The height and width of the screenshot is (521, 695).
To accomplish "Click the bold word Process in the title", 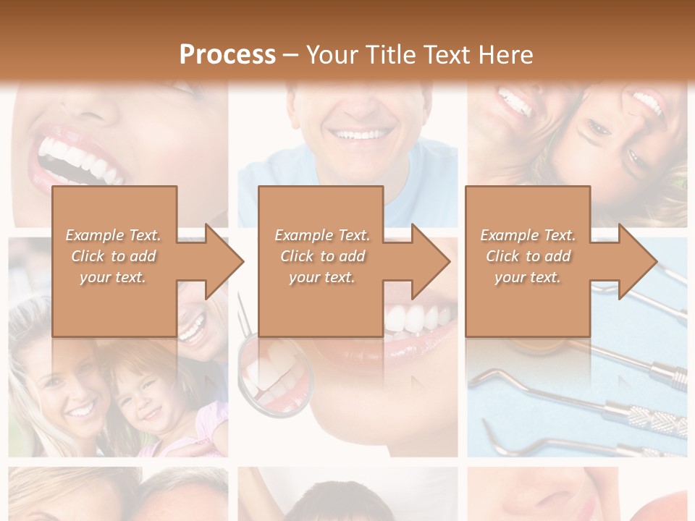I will coord(227,54).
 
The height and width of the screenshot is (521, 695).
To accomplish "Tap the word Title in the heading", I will coord(389,54).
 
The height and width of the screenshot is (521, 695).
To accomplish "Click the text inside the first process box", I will coord(114,256).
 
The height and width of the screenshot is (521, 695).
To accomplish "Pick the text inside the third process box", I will coord(528,256).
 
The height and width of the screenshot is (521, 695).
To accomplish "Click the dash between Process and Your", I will coord(290,54).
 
